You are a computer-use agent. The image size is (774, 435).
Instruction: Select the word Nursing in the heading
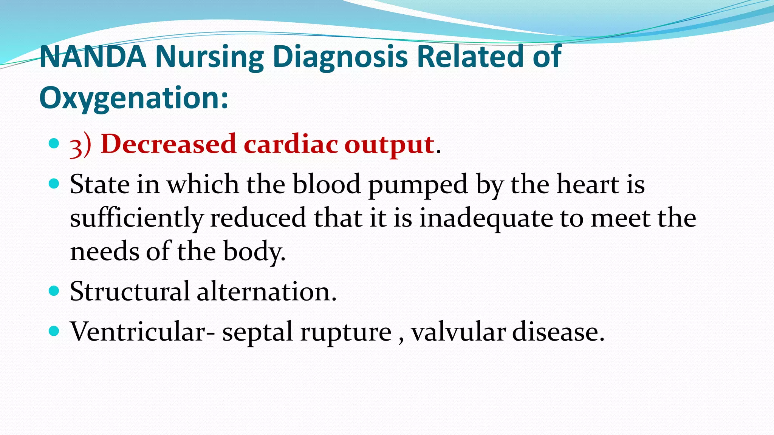[209, 57]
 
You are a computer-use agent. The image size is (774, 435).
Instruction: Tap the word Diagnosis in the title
[340, 57]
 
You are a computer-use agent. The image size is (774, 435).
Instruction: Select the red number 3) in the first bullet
[80, 145]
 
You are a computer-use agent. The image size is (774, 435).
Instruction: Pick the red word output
[389, 145]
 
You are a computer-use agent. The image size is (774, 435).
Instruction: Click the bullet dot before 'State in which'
[54, 184]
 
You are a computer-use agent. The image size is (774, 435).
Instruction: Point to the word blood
[327, 185]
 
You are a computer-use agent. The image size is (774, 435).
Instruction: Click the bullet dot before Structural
[54, 291]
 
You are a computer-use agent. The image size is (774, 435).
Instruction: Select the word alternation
[266, 292]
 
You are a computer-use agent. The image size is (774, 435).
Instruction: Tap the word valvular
[458, 332]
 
